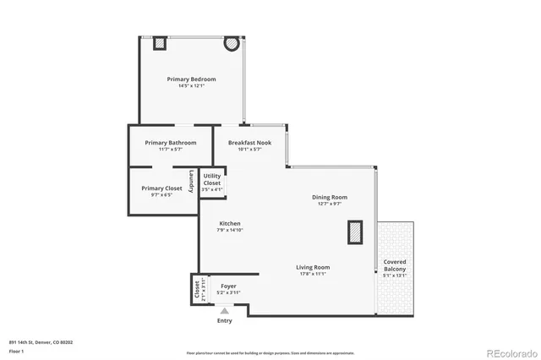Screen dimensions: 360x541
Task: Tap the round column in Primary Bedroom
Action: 230,43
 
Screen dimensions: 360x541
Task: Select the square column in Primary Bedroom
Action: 159,43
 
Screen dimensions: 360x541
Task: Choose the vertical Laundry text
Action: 192,181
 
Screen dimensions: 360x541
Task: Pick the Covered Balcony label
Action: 395,265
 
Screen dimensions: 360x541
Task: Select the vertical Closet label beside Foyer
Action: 198,291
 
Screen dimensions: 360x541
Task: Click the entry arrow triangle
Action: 225,310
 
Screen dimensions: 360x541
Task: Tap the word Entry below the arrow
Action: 225,321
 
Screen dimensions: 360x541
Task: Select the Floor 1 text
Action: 16,350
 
